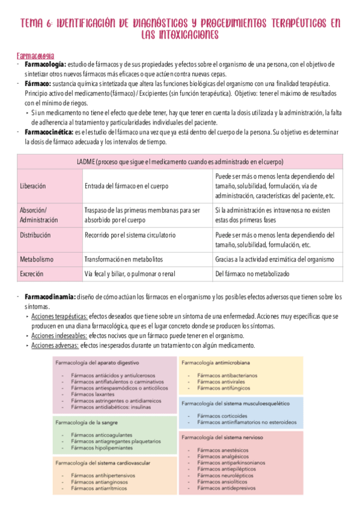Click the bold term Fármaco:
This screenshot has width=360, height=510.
[x=37, y=84]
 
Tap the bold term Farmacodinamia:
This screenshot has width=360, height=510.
[x=49, y=297]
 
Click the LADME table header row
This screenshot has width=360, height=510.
[x=180, y=162]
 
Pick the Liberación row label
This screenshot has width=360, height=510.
[x=33, y=186]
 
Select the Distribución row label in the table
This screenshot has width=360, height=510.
[x=35, y=235]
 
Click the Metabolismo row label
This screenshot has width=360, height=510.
[x=37, y=259]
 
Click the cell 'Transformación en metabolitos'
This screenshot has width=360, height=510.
[x=123, y=259]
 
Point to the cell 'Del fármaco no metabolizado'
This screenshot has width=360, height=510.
[x=252, y=274]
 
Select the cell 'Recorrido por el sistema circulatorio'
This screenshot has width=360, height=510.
[x=130, y=235]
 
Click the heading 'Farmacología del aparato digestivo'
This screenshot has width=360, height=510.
[x=97, y=363]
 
